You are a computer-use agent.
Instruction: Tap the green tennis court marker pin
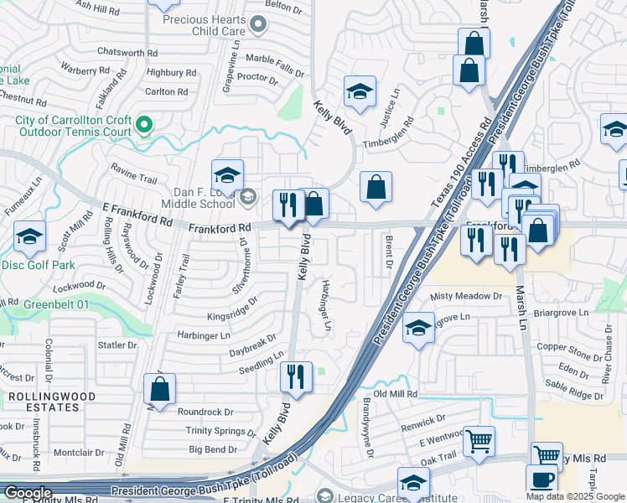[x=145, y=127]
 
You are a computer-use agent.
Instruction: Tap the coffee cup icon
[x=541, y=480]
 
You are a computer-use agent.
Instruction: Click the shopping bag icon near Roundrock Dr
[x=159, y=389]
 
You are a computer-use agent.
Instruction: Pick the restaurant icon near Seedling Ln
[x=296, y=376]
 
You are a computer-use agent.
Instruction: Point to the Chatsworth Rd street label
[x=127, y=52]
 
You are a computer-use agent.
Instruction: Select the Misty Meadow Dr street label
[x=465, y=297]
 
